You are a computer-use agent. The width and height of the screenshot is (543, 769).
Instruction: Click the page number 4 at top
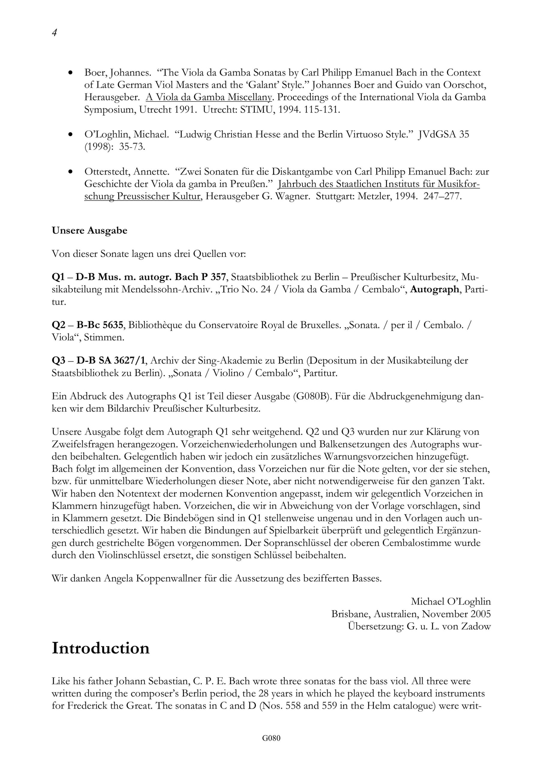click(54, 33)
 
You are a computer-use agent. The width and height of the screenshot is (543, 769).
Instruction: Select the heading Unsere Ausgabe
click(89, 231)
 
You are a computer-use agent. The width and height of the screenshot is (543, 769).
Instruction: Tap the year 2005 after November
click(479, 614)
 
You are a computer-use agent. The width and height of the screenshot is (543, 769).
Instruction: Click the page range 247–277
click(442, 196)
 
